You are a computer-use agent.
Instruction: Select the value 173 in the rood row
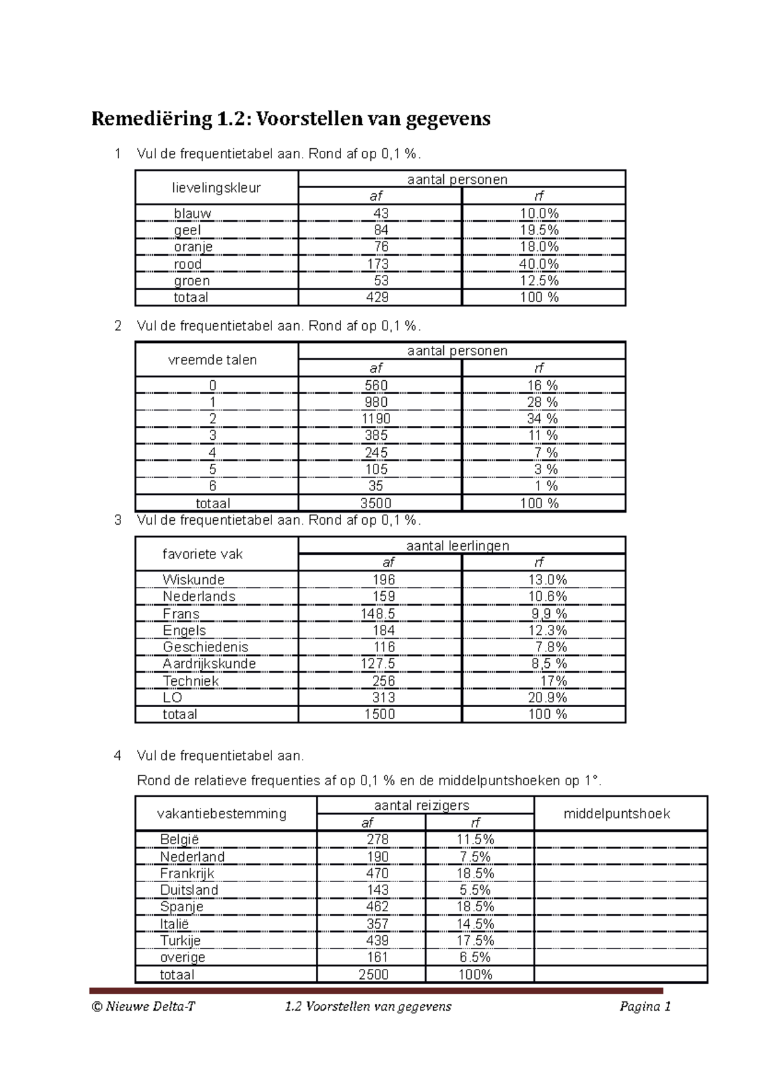(x=378, y=264)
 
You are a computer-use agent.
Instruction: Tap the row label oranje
(x=193, y=247)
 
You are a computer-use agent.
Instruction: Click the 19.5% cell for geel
(x=539, y=230)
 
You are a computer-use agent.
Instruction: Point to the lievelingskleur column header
(x=216, y=188)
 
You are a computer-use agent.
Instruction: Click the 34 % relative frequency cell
(x=542, y=419)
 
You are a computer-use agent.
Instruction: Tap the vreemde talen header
(x=212, y=360)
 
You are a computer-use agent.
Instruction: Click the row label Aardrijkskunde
(x=209, y=663)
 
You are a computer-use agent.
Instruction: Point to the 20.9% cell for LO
(x=547, y=698)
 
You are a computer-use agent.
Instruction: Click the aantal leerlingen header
(x=457, y=546)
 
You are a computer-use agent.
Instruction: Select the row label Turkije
(x=180, y=940)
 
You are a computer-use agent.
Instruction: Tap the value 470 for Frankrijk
(x=377, y=873)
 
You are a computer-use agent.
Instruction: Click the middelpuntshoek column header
(x=616, y=814)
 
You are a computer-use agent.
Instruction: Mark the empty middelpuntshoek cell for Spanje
(x=620, y=907)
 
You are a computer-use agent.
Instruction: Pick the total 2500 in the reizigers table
(x=374, y=975)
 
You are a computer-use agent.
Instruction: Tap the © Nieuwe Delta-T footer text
(x=143, y=1007)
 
